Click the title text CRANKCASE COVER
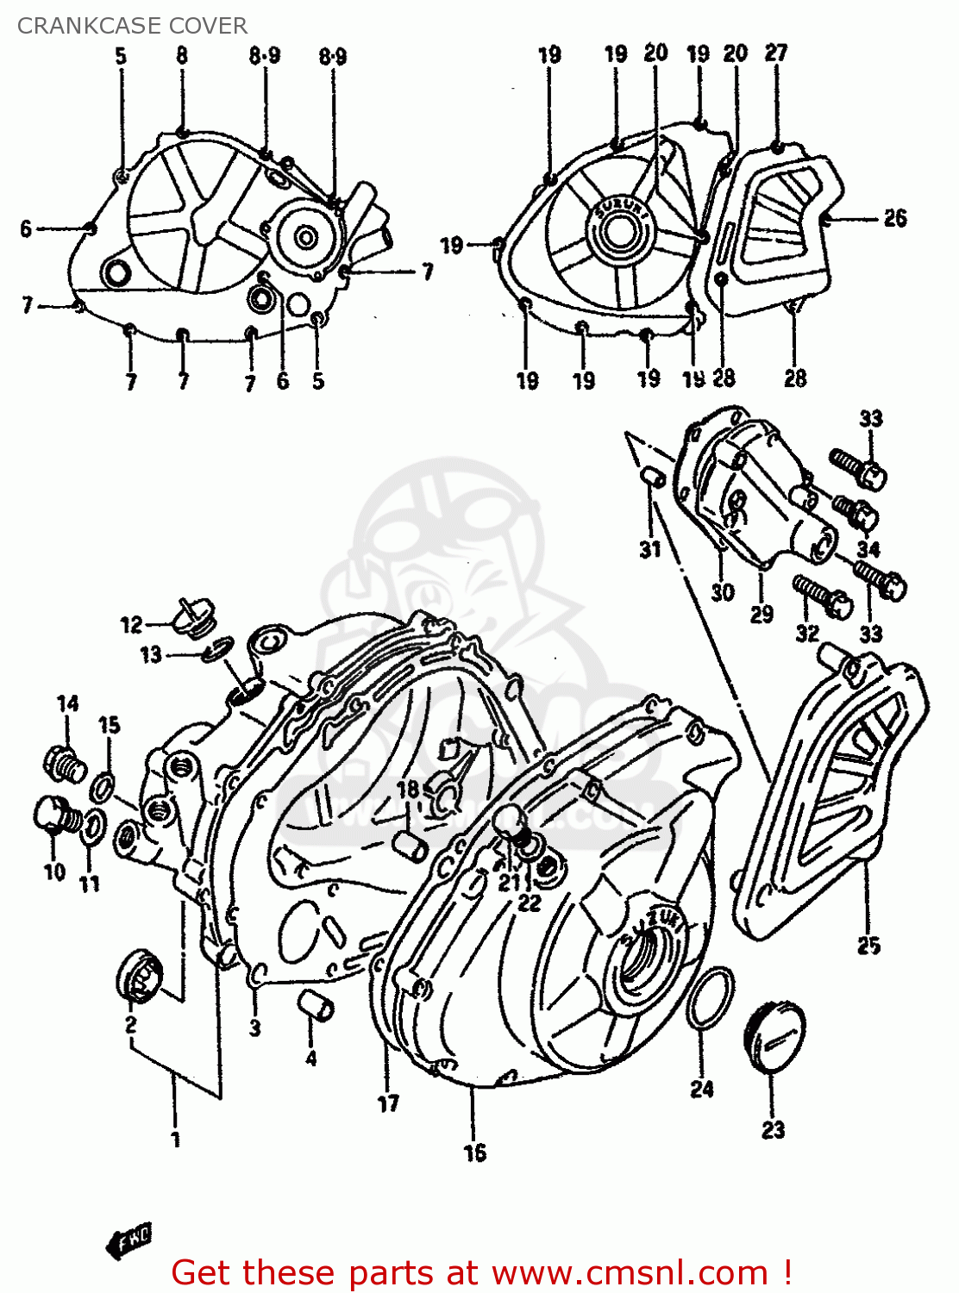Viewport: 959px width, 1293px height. click(x=132, y=26)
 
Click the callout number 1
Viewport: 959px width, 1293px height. click(x=176, y=1140)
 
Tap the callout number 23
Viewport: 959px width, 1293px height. click(x=773, y=1129)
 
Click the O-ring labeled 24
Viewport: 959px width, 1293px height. click(x=711, y=998)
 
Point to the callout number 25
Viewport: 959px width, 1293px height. click(x=868, y=946)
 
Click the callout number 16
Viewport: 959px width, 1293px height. click(x=474, y=1152)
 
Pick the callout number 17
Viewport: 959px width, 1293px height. click(x=388, y=1103)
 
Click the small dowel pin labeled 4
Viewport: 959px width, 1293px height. click(x=317, y=1005)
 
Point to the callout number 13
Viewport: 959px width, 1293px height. click(x=151, y=655)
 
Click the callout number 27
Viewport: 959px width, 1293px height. click(x=776, y=53)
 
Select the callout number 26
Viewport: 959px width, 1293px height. click(x=895, y=218)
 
